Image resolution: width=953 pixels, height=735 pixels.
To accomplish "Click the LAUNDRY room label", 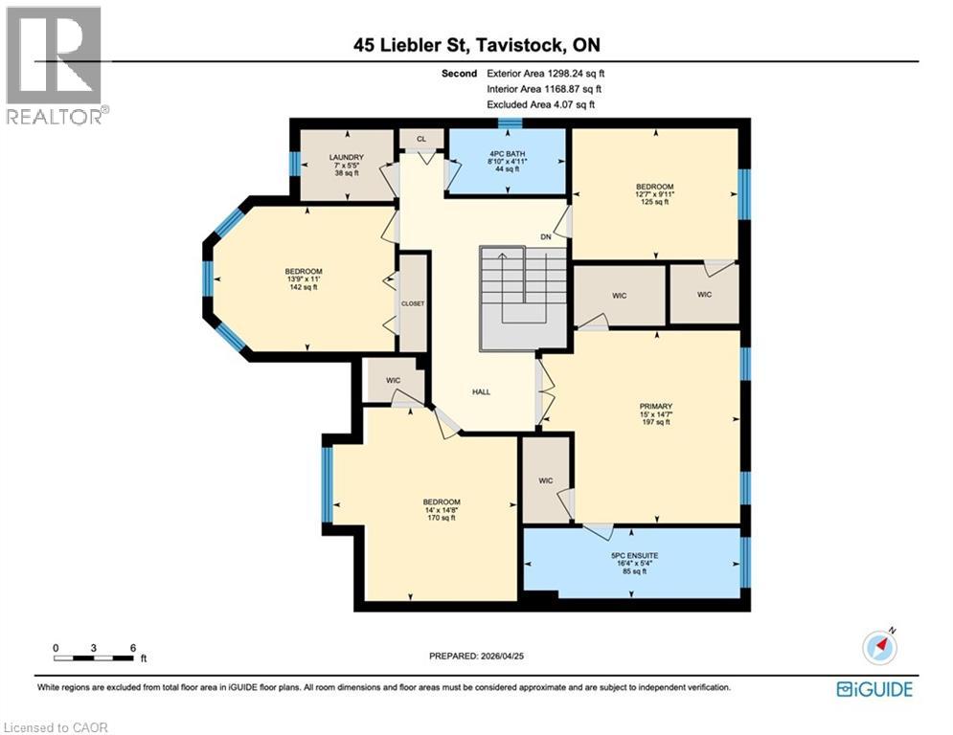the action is [347, 157].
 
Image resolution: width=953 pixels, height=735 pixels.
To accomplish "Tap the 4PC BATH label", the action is [508, 154].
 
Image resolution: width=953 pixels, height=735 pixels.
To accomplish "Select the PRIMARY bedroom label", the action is [656, 407].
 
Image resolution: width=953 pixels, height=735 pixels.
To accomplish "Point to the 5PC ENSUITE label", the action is [634, 555].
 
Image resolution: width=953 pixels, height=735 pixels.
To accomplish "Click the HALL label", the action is [482, 391].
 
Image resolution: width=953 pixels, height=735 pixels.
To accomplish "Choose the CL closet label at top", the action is [421, 139].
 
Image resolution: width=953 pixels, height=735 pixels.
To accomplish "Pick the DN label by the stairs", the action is [546, 237].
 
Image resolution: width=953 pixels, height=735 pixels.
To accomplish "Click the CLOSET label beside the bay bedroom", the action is [413, 303].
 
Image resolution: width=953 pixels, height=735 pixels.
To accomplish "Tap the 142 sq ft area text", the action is [304, 287].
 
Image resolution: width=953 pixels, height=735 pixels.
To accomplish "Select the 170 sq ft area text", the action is [442, 518].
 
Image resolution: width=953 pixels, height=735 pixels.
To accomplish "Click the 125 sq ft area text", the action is [654, 202].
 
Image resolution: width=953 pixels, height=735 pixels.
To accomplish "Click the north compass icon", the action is [880, 648].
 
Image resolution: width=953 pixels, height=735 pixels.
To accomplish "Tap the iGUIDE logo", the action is [874, 689].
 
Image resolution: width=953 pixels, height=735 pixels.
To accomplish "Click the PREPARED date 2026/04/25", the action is [477, 656].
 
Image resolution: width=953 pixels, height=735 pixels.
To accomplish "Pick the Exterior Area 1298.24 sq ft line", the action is [546, 74].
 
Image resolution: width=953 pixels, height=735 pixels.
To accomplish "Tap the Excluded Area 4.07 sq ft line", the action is [541, 104].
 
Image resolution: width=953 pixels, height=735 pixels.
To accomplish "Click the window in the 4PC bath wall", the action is [511, 123].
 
